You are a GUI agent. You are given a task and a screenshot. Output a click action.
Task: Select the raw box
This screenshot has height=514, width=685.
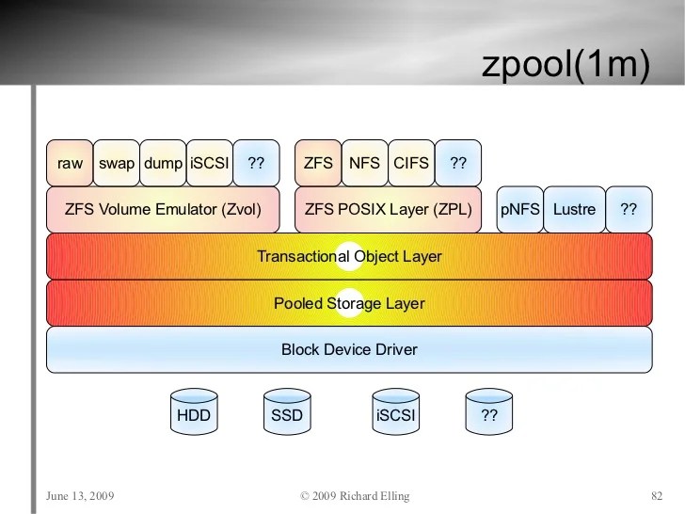coord(70,163)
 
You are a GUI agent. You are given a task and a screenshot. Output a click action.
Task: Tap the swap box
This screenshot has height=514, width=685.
coord(117,163)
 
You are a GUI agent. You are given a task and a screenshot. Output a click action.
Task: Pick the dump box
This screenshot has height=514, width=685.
coord(163,163)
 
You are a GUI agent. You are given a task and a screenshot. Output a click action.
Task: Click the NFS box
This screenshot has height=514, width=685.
coord(364,163)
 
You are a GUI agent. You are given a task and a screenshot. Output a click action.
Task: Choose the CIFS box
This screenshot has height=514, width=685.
coord(411,163)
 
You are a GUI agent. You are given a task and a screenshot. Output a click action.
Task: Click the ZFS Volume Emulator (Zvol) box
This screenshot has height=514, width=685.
coord(163,209)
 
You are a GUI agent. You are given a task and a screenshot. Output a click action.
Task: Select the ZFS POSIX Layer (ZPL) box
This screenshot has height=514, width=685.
coord(388,209)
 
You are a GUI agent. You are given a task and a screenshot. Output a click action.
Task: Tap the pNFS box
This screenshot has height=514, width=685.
coord(519,209)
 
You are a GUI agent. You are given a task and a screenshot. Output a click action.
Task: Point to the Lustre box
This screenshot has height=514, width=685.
coord(574,209)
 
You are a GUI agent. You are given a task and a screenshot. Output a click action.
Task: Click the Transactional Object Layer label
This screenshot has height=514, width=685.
coord(349,256)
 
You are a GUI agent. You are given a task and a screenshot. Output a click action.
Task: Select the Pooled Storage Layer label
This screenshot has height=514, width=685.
coord(349,303)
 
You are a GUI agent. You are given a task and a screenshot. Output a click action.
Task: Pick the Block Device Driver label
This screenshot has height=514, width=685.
coord(349,349)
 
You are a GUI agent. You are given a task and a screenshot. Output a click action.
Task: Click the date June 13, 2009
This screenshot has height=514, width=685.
coord(79,495)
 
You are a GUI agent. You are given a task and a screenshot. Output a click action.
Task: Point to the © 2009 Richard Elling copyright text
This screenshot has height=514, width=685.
coord(355,495)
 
